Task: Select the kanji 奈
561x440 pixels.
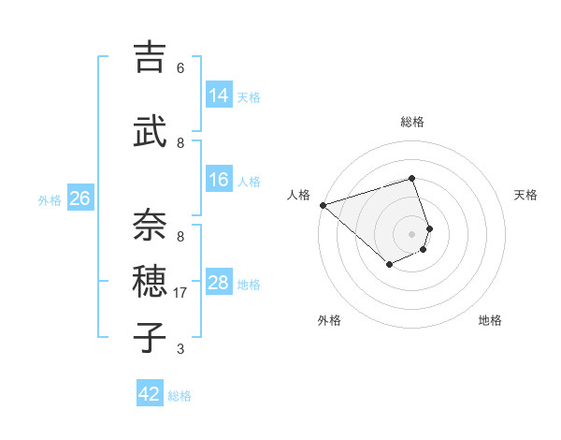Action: tap(150, 224)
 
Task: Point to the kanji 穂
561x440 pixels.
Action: tap(150, 280)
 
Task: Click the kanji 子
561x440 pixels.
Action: tap(150, 336)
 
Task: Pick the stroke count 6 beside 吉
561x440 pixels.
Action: tap(180, 67)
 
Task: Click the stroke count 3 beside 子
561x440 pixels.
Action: tap(180, 349)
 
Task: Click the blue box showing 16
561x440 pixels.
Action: tap(219, 180)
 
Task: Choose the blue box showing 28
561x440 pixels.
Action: tap(219, 283)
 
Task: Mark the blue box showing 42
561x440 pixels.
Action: tap(150, 394)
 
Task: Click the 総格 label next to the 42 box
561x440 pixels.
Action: tap(180, 396)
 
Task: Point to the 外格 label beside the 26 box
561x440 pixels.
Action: tap(50, 199)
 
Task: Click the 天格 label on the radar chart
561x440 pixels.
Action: tap(525, 195)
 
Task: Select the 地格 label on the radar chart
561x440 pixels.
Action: tap(490, 320)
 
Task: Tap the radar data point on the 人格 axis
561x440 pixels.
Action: tap(323, 204)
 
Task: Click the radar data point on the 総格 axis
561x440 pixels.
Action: tap(411, 178)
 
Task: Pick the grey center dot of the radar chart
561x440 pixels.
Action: tap(411, 233)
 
